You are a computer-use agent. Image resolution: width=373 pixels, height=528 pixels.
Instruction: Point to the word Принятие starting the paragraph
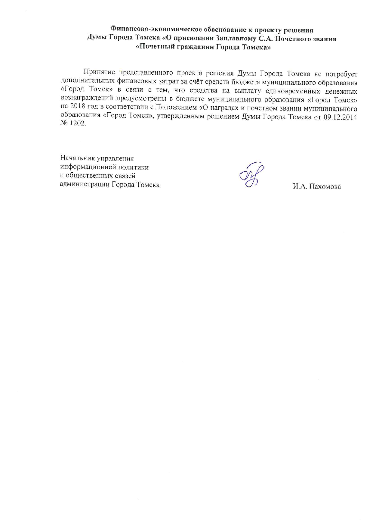(99, 73)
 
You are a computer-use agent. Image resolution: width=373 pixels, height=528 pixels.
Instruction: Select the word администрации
(85, 185)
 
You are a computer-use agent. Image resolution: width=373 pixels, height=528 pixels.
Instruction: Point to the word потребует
(341, 73)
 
